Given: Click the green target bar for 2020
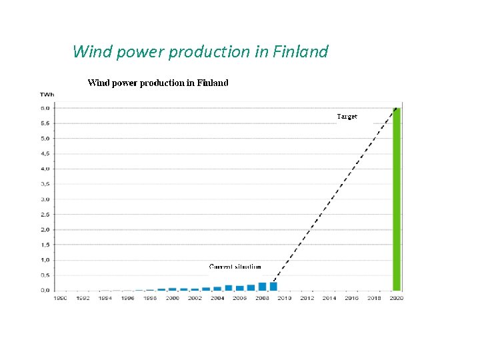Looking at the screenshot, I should [x=397, y=199].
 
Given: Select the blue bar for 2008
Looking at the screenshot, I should [x=262, y=287].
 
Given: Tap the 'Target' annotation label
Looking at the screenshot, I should [x=347, y=117].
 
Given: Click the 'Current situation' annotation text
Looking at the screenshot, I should [x=235, y=267].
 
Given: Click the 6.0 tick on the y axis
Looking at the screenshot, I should [x=45, y=108].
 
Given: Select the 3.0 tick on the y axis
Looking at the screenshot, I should [x=45, y=199].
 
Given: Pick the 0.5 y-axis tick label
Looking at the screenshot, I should [x=45, y=275].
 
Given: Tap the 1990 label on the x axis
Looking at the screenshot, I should [x=60, y=298].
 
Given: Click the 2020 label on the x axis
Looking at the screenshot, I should [x=397, y=298].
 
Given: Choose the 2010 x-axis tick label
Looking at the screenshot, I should [x=285, y=298].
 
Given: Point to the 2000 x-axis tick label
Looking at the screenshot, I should [x=172, y=298].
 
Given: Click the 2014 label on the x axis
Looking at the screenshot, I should [x=329, y=298].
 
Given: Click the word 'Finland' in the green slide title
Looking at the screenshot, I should [x=302, y=51].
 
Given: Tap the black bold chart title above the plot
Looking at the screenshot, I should [x=158, y=83].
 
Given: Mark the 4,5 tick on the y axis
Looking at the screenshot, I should [x=45, y=153].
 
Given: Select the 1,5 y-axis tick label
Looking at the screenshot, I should [x=45, y=245].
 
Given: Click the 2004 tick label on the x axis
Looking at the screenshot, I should [x=217, y=298].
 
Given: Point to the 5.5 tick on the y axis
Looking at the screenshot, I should [x=45, y=123].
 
